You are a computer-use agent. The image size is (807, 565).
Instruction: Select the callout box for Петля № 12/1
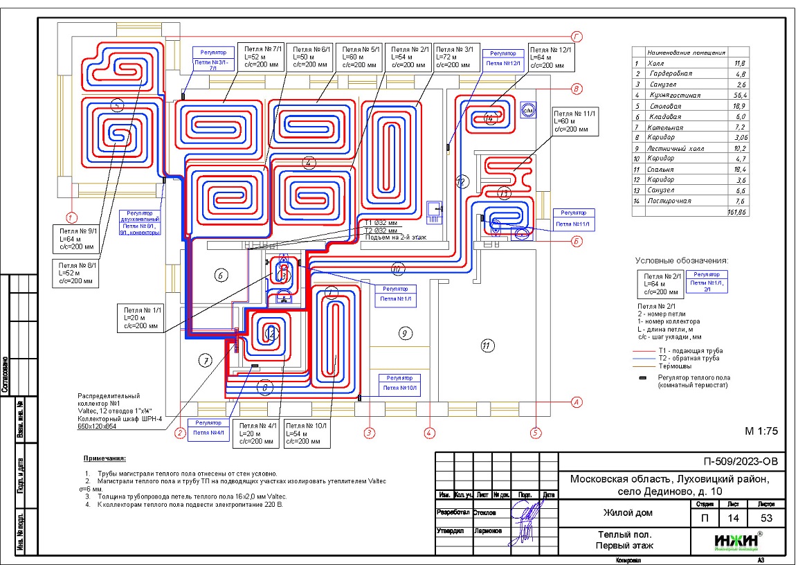(x=551, y=57)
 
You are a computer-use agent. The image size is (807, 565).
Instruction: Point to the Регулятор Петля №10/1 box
(x=399, y=383)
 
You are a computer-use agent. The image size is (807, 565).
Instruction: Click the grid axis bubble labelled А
(x=574, y=402)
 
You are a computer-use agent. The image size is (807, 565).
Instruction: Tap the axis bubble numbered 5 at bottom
(x=535, y=433)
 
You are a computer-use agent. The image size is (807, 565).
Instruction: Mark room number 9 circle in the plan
(x=405, y=333)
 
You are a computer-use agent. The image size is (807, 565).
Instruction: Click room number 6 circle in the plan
(x=221, y=276)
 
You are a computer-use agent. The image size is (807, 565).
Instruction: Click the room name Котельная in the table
(x=666, y=127)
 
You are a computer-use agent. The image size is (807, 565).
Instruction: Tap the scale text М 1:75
(x=761, y=430)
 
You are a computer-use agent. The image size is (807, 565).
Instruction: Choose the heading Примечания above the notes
(x=105, y=458)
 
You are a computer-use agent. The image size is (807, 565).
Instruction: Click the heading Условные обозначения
(x=681, y=260)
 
